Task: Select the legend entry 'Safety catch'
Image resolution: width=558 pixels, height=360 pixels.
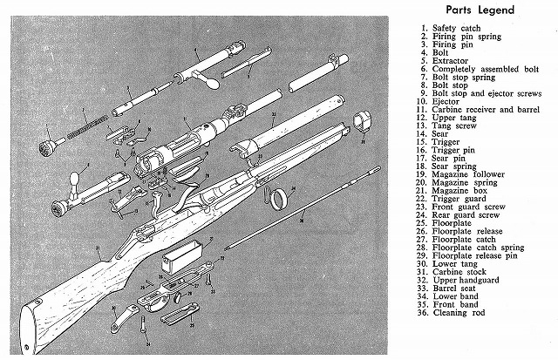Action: coord(457,28)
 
